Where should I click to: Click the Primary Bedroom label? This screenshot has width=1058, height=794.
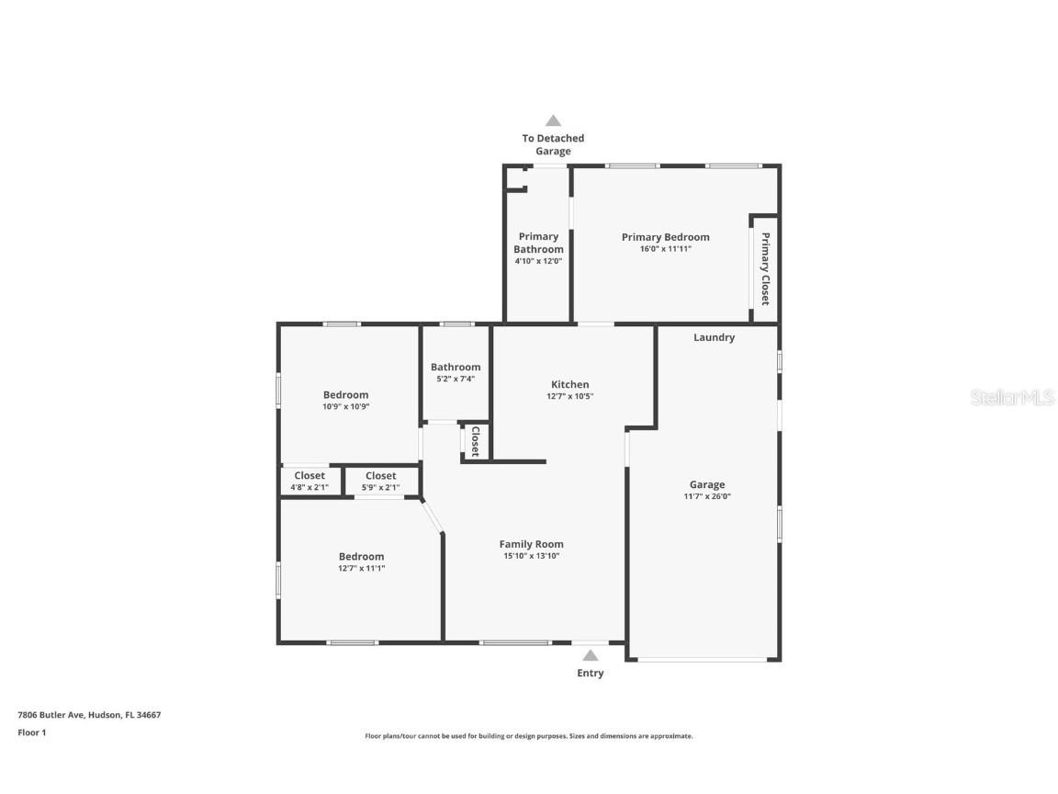click(665, 237)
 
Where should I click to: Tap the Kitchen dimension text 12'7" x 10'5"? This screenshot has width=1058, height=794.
click(569, 396)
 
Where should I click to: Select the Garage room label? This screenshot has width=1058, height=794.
click(707, 484)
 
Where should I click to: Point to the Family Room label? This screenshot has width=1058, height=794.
click(531, 544)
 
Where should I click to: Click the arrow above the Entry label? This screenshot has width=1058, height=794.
click(591, 655)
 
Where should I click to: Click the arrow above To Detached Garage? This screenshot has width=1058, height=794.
click(553, 120)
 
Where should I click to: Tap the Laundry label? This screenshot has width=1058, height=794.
click(714, 337)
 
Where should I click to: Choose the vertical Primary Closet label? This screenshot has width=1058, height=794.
click(764, 268)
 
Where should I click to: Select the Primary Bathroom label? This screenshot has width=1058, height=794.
click(538, 243)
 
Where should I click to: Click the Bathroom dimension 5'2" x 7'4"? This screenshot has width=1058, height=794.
click(456, 379)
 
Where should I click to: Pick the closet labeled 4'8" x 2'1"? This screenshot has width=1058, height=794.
click(310, 482)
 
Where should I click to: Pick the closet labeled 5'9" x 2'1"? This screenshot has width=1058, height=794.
click(380, 482)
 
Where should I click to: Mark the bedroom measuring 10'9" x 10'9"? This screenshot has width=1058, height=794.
click(345, 401)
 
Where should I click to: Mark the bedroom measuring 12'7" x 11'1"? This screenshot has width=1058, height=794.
click(361, 561)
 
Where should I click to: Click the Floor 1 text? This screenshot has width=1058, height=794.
click(31, 732)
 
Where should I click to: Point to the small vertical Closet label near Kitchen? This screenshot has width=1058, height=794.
click(475, 441)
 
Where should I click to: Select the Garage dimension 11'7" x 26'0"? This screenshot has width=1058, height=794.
click(707, 496)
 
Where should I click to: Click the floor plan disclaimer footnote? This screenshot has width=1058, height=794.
click(529, 736)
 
